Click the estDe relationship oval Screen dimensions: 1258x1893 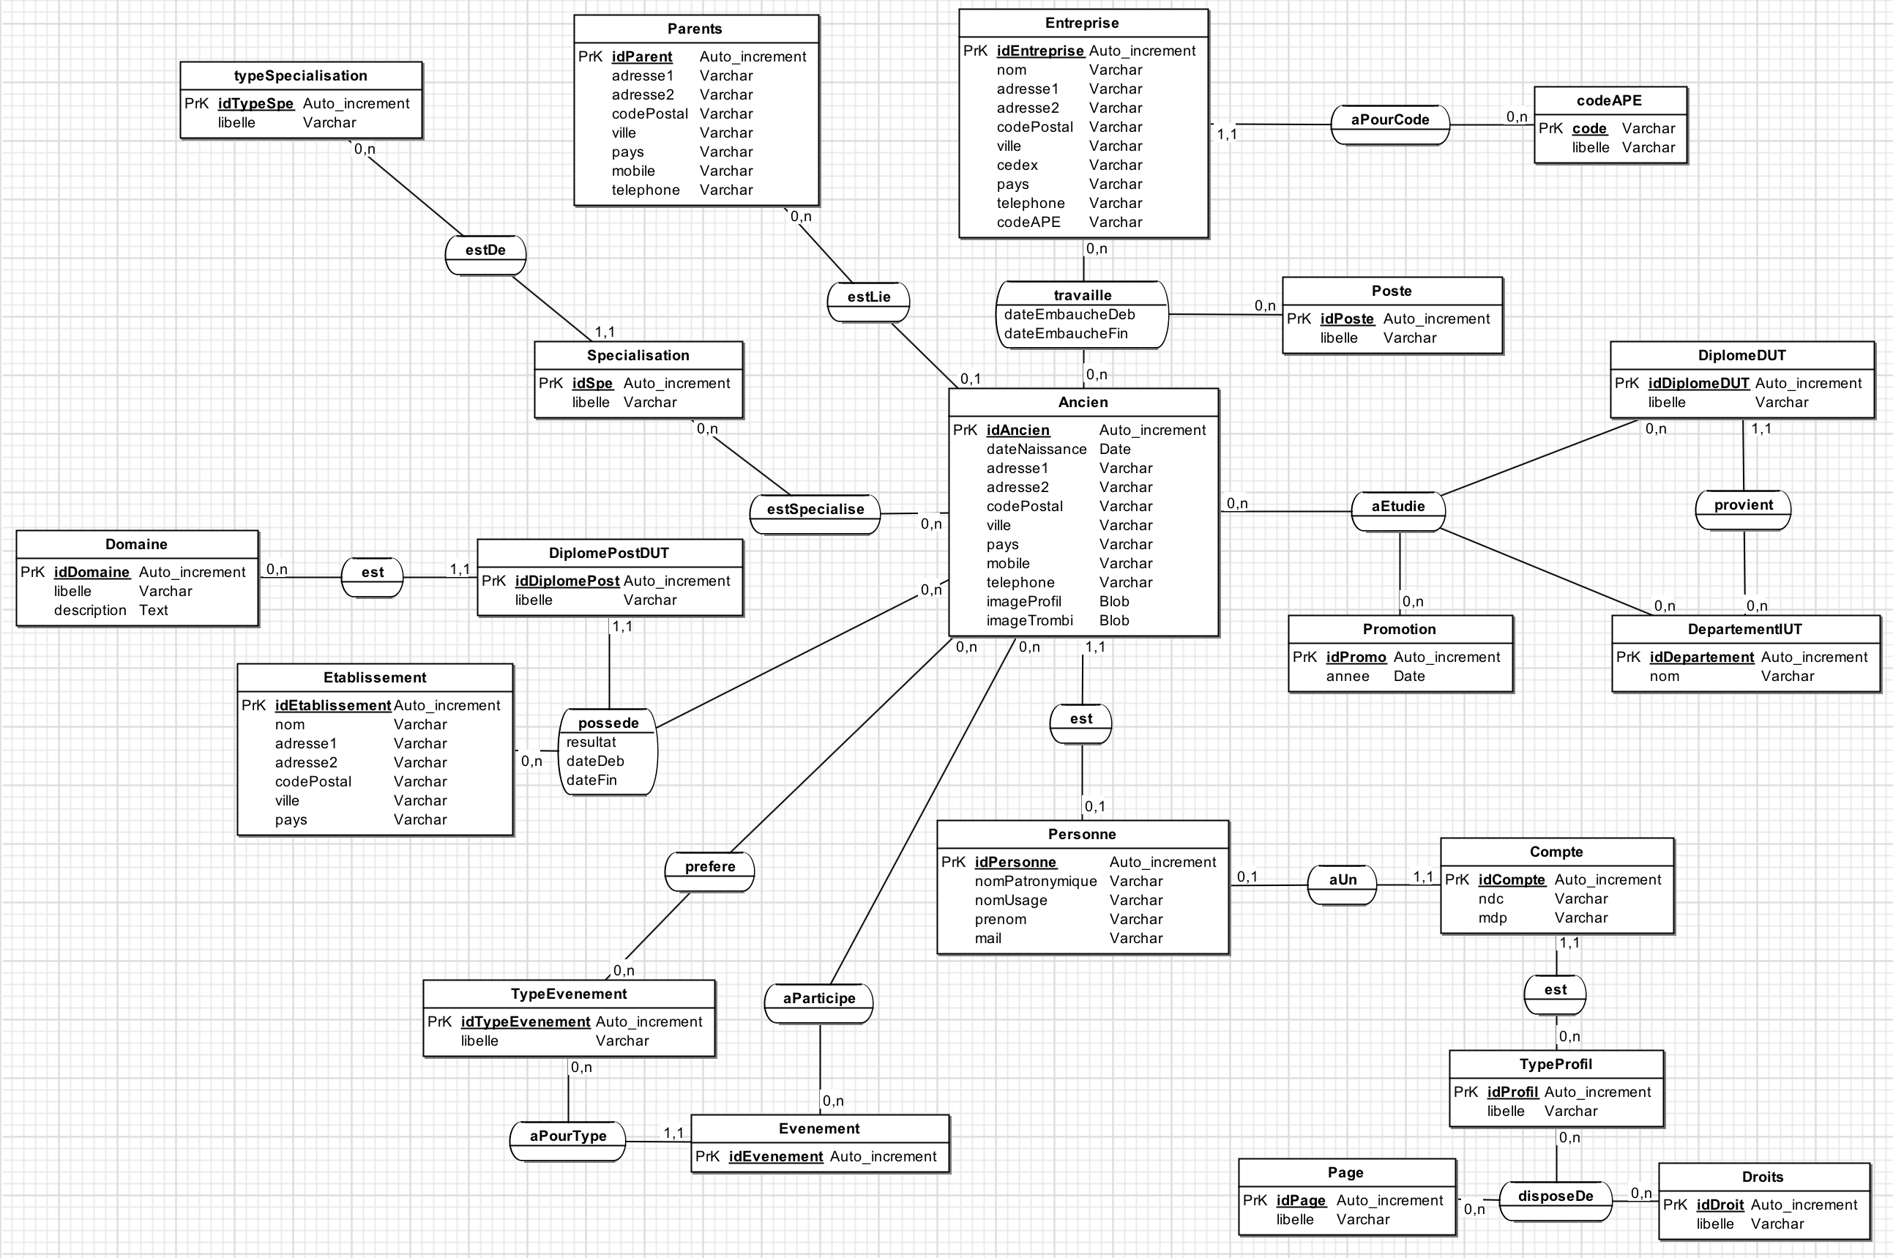(x=485, y=253)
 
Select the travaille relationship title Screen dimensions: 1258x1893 (x=1082, y=295)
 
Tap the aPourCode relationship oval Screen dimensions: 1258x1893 (x=1390, y=124)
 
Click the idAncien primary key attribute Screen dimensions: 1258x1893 (x=1017, y=430)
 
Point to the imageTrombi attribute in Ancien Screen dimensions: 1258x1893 (x=1029, y=620)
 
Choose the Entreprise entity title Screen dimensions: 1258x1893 (x=1081, y=23)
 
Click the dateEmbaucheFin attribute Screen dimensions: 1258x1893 (x=1065, y=334)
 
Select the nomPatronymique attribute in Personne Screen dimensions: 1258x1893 (x=1035, y=881)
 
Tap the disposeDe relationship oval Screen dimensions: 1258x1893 (x=1556, y=1199)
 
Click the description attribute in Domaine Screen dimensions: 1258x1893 (x=90, y=610)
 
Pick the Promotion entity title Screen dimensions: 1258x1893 (x=1399, y=629)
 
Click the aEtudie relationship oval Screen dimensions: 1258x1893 (x=1398, y=510)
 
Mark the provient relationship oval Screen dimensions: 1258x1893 (x=1743, y=509)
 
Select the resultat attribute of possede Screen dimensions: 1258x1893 (x=591, y=742)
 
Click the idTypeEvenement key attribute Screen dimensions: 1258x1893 (x=525, y=1021)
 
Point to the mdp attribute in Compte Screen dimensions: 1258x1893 (x=1492, y=918)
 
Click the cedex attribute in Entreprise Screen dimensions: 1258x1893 (x=1017, y=165)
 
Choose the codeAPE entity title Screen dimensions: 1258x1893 (x=1608, y=100)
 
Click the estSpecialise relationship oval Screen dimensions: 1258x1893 (x=815, y=513)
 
